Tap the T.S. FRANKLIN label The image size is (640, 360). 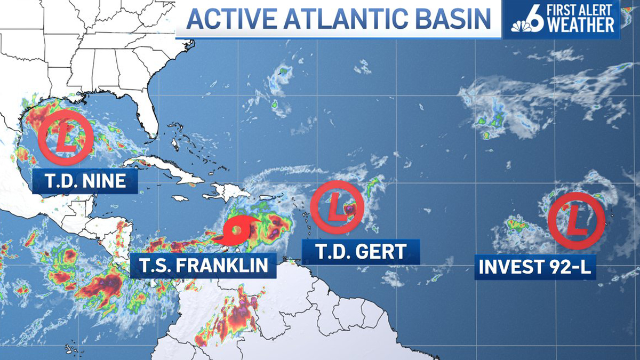[203, 265]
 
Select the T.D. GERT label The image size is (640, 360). [361, 251]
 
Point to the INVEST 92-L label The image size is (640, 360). [535, 267]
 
